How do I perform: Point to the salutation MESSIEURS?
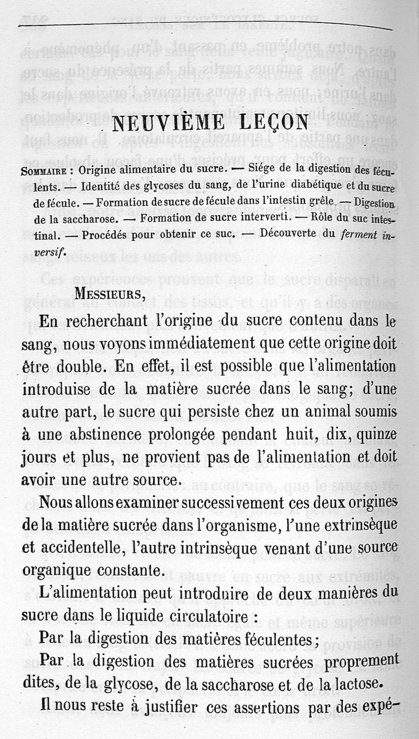pyautogui.click(x=108, y=293)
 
